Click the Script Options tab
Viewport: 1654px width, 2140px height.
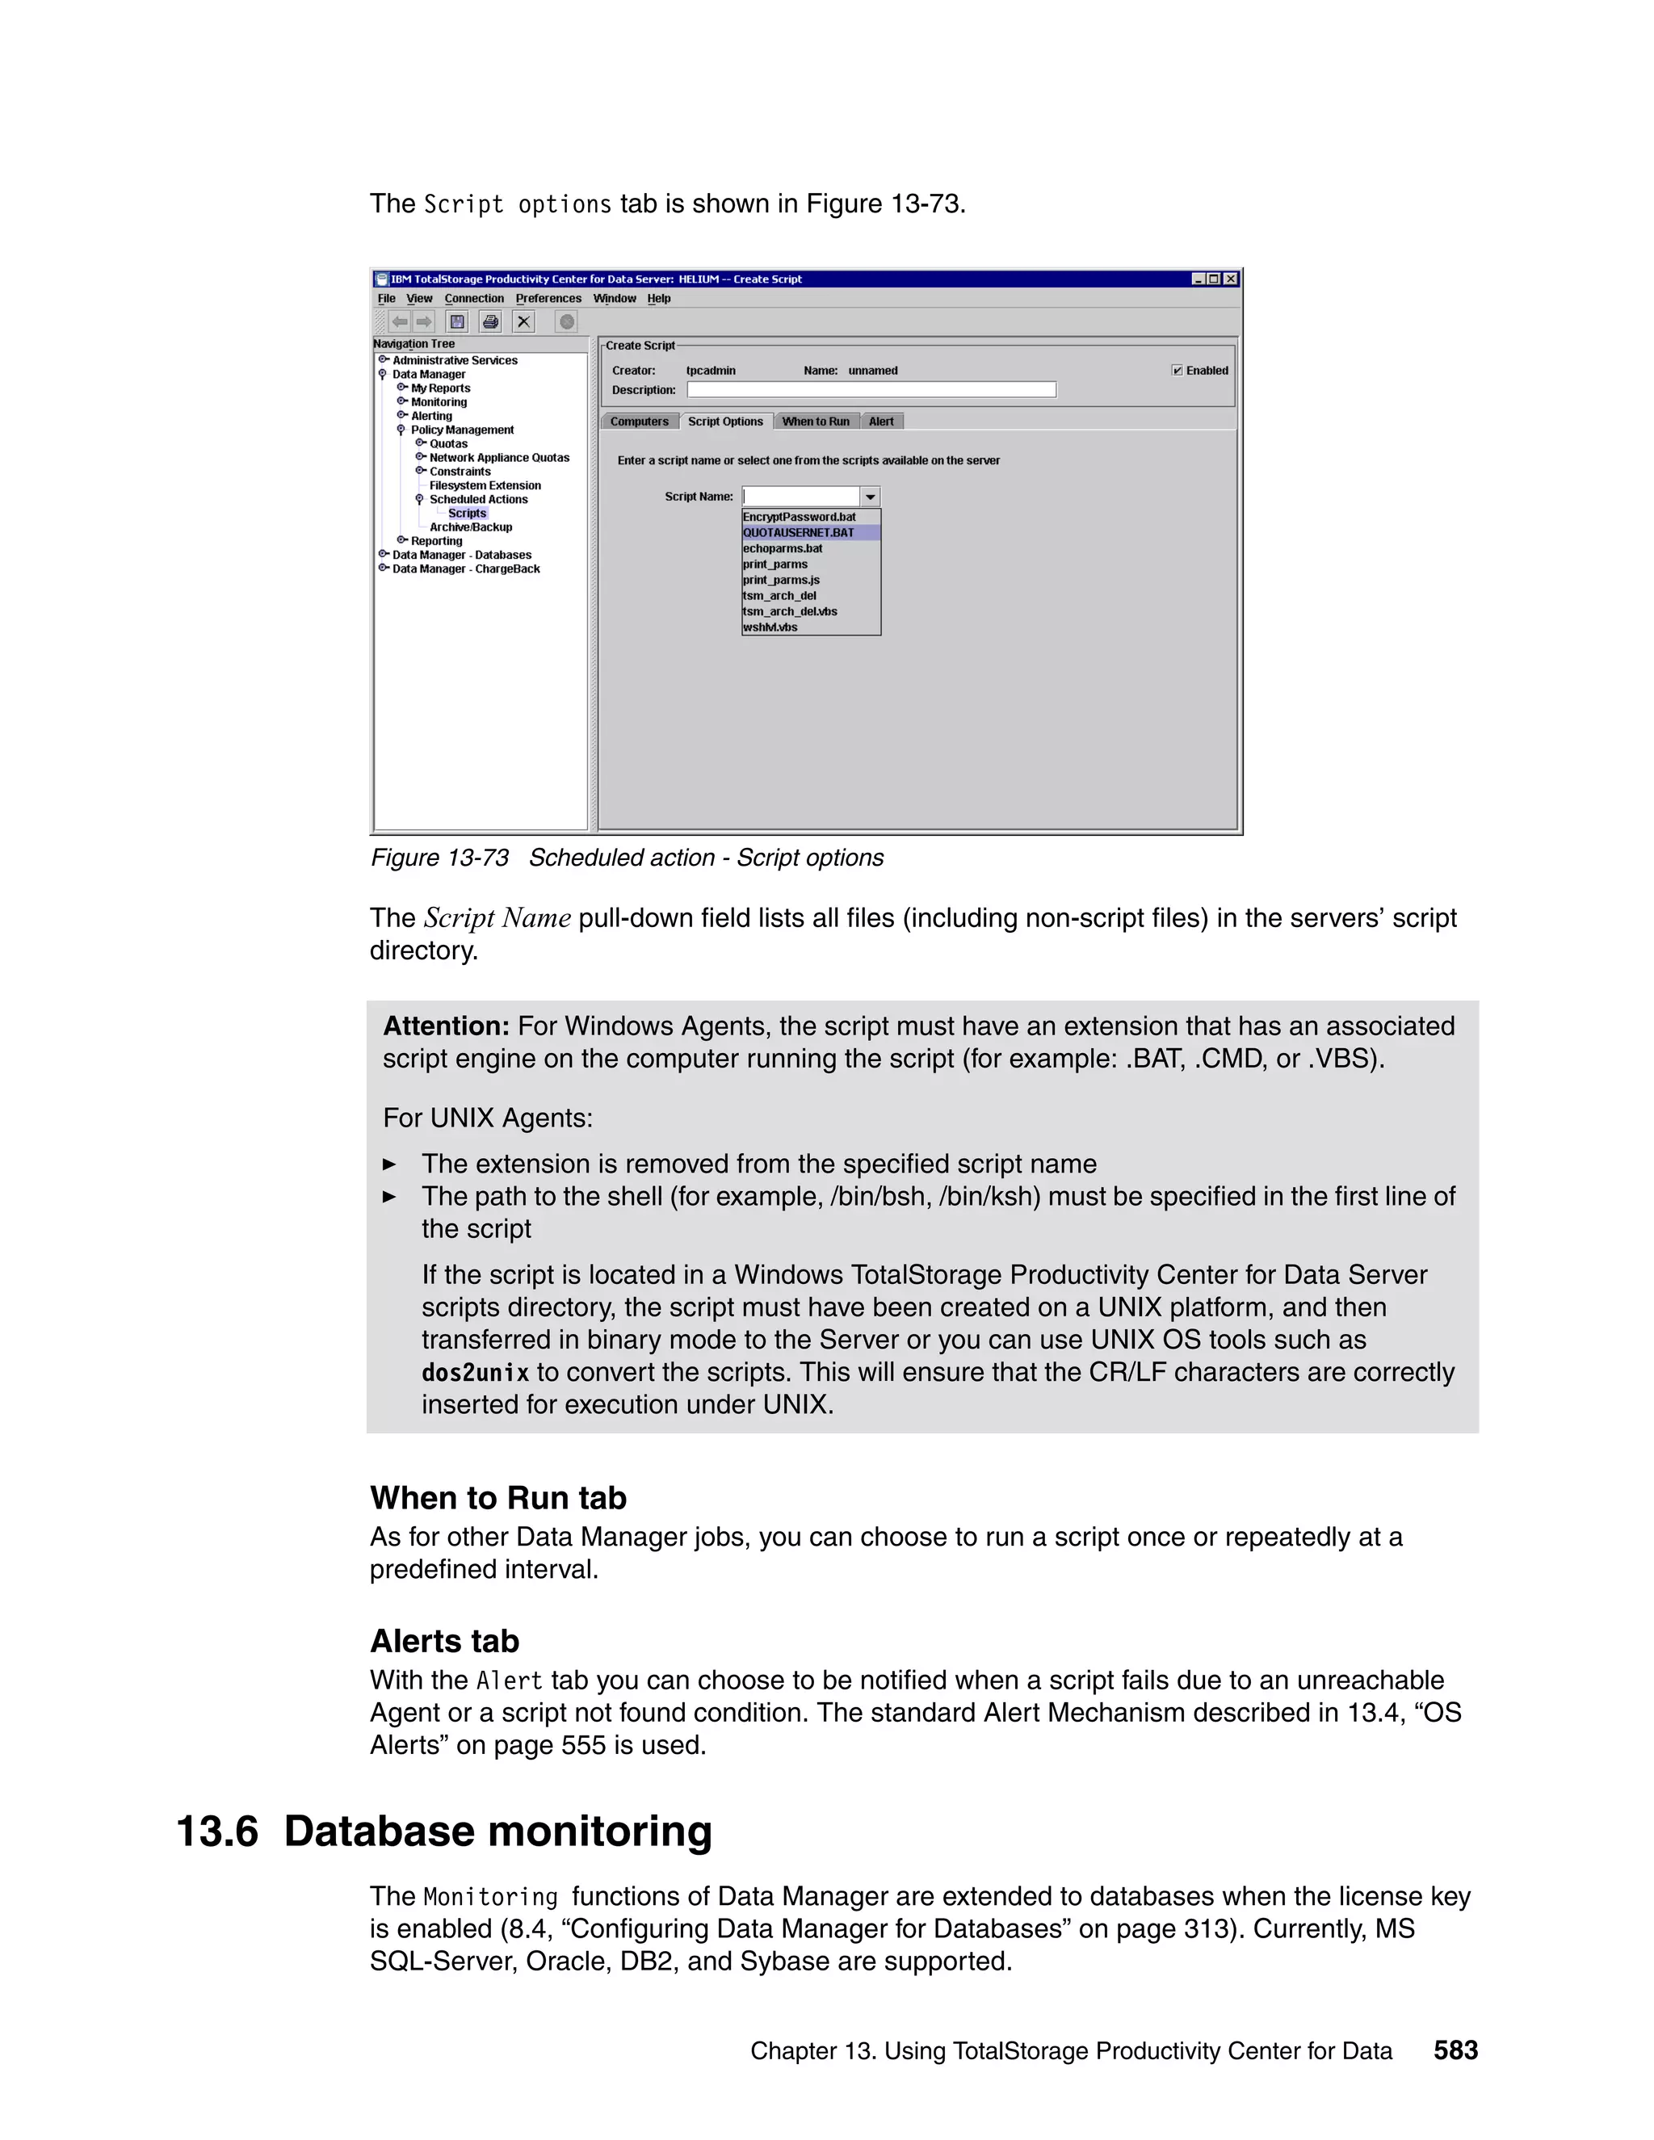[x=725, y=422]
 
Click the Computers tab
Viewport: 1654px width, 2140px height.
[x=639, y=422]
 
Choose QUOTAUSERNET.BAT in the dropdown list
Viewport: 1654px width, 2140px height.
[x=799, y=533]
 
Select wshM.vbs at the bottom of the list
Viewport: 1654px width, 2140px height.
[x=770, y=627]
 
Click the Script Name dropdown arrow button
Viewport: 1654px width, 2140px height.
[x=870, y=497]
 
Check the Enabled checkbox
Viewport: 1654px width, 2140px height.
[x=1178, y=371]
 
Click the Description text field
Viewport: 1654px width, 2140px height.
[x=871, y=390]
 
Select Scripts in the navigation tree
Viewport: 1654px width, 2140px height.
[x=468, y=514]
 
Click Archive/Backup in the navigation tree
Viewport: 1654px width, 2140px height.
[x=470, y=527]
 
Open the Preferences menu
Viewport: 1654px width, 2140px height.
[x=548, y=299]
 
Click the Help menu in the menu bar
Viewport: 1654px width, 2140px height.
[x=658, y=299]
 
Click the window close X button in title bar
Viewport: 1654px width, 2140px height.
[x=1231, y=279]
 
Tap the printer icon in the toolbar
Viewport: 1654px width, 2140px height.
[x=491, y=321]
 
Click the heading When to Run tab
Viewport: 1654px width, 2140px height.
[x=497, y=1498]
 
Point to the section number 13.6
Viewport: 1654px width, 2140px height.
[x=216, y=1832]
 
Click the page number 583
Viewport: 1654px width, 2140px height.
[x=1455, y=2050]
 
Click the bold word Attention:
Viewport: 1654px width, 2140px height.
[x=446, y=1026]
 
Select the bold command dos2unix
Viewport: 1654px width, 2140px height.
[x=475, y=1373]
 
